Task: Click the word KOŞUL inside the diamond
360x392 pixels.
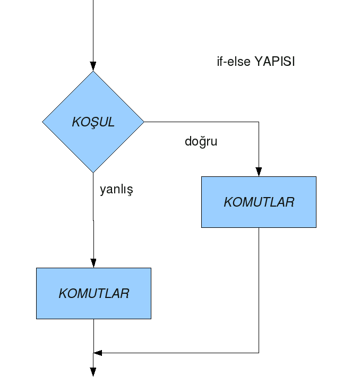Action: click(93, 123)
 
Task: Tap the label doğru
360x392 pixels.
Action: click(201, 142)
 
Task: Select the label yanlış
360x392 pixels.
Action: click(116, 189)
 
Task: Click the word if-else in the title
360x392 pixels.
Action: click(234, 62)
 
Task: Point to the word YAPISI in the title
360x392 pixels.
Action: click(275, 62)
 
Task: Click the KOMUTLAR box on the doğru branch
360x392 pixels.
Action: click(259, 202)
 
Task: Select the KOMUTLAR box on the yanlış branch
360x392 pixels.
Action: click(93, 294)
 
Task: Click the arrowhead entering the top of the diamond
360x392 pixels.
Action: click(93, 66)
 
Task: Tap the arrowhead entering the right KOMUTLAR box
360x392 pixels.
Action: click(259, 172)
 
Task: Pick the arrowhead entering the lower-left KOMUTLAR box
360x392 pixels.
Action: click(93, 263)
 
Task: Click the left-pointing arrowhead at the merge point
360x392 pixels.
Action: click(98, 353)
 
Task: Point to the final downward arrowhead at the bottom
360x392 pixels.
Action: click(93, 372)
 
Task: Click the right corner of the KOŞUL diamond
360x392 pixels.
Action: click(144, 122)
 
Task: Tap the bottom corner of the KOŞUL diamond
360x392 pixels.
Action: click(93, 173)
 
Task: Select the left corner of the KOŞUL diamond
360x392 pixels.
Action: click(42, 122)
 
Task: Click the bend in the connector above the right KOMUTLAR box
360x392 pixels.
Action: click(259, 122)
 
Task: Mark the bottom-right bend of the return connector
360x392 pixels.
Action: click(259, 353)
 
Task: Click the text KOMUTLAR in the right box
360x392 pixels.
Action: click(259, 202)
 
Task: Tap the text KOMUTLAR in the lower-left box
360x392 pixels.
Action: click(94, 294)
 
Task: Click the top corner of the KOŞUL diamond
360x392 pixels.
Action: click(93, 71)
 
